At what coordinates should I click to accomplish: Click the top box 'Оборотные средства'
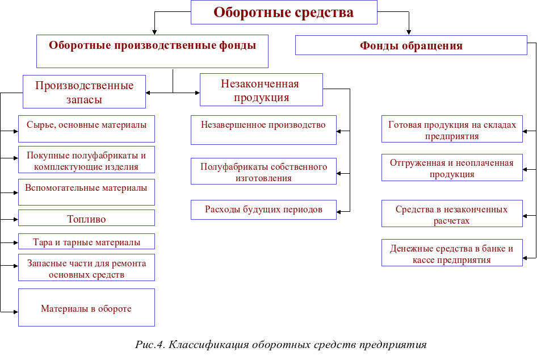pos(284,12)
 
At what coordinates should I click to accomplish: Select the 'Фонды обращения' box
pos(411,45)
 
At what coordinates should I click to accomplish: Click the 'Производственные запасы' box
pos(84,92)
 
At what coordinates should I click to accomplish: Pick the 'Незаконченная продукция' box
pos(261,90)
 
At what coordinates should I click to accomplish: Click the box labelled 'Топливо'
pos(86,219)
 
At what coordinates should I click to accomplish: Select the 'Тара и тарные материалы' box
pos(86,242)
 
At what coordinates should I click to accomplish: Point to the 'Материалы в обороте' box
pos(86,309)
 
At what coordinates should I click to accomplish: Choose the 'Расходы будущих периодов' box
pos(263,210)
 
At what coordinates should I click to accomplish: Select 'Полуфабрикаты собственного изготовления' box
pos(263,172)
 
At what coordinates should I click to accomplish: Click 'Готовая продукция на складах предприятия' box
pos(452,130)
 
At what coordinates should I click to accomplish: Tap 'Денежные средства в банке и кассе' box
pos(452,254)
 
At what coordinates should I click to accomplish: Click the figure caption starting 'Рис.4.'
pos(280,345)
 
